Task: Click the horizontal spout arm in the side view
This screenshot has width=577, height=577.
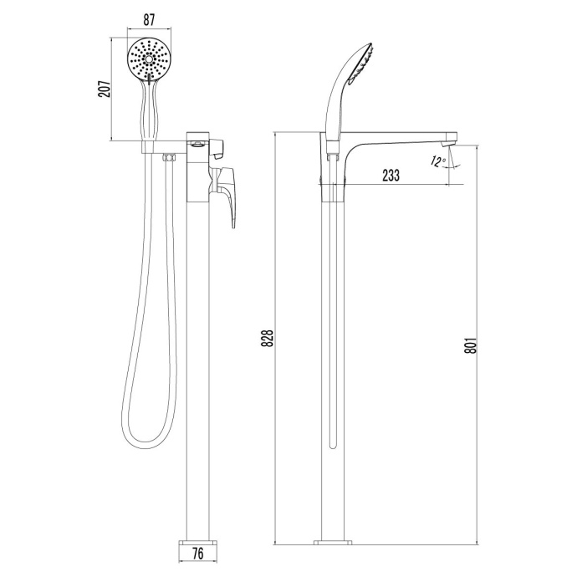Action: click(401, 137)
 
